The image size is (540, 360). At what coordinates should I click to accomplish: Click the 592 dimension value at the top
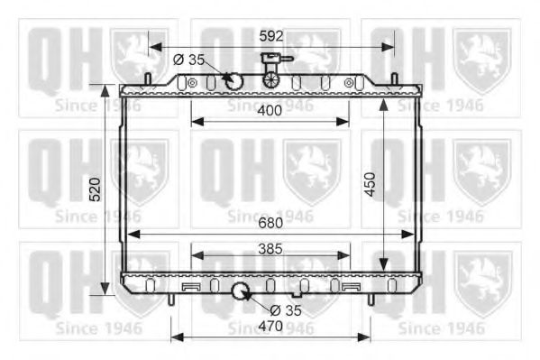271,36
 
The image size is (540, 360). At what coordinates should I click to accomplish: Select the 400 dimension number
270,111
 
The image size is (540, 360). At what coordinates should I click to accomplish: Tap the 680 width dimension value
270,223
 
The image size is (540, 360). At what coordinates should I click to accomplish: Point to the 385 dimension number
270,249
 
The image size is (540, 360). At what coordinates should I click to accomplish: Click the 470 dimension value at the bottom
270,326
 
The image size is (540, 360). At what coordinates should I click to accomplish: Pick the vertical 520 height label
95,189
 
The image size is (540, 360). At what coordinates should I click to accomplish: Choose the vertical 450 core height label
370,184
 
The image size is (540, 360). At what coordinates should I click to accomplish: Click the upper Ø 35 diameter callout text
188,60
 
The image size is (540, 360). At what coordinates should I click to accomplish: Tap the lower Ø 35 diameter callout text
286,310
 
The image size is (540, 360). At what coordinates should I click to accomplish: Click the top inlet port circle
234,82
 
